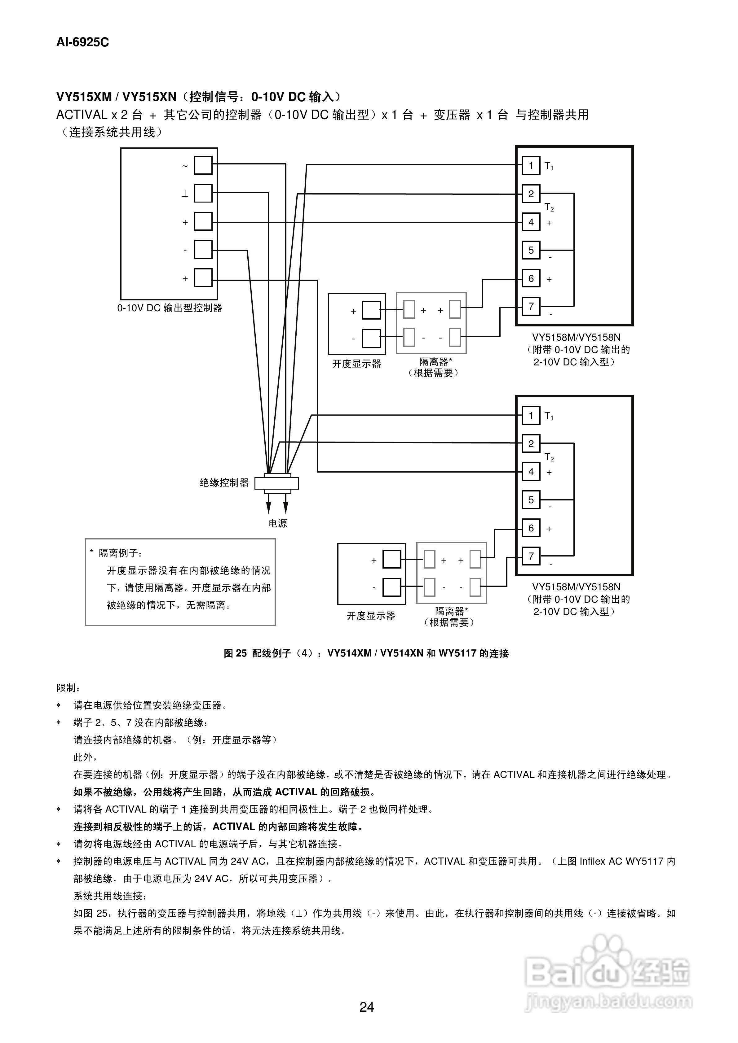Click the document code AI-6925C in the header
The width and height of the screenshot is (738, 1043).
pos(82,42)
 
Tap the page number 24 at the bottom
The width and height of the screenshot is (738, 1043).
pos(366,1007)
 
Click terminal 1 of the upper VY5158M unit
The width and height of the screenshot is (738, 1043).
pos(531,166)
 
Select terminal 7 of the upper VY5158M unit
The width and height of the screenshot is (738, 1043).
pos(531,306)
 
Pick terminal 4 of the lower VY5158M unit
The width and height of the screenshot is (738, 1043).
pos(531,472)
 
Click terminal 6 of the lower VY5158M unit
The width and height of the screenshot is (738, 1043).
pos(531,528)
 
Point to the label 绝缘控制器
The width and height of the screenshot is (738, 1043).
pos(224,483)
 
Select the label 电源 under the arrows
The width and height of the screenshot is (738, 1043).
pos(277,523)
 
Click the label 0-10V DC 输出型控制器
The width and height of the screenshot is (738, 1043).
pos(170,308)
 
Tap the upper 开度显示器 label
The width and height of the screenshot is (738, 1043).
pos(356,364)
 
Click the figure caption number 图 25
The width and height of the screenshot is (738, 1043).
pos(235,653)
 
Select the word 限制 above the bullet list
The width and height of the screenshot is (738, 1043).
pos(66,688)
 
